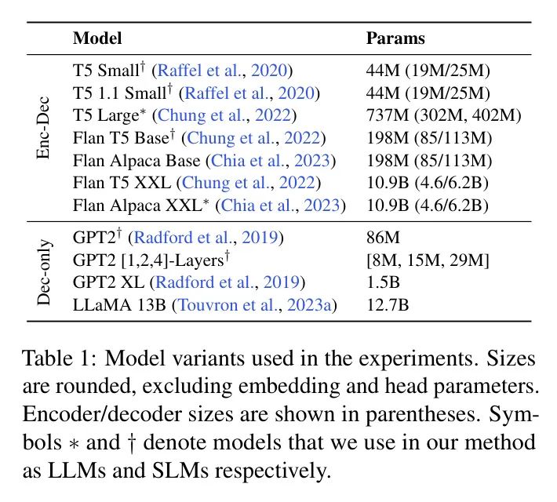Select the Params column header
tap(395, 38)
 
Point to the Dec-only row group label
tap(45, 269)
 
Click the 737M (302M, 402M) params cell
tap(443, 115)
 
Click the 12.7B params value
tap(388, 304)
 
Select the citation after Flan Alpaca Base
tap(271, 161)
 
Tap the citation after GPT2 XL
tap(238, 282)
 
